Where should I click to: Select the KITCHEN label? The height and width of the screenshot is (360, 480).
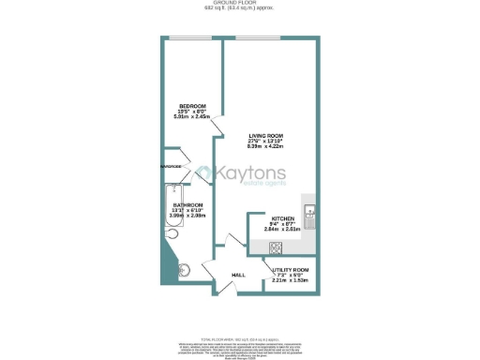(270, 216)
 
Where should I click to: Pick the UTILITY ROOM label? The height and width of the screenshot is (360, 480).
(291, 269)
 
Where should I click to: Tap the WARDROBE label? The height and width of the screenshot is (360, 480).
(173, 168)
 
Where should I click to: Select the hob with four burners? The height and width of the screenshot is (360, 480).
(277, 247)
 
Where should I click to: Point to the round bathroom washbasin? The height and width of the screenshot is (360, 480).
(186, 270)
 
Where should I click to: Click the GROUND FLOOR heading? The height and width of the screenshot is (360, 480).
(240, 4)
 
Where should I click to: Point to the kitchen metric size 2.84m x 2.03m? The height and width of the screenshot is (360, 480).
(270, 228)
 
